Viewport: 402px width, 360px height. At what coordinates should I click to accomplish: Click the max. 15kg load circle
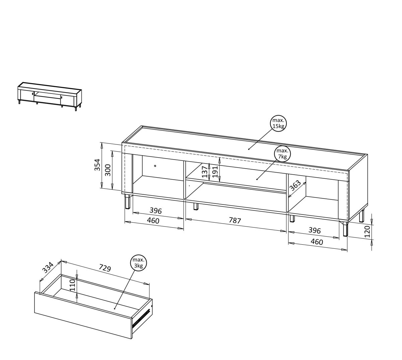coord(278,123)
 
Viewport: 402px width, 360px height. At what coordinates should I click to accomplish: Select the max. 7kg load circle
coord(282,154)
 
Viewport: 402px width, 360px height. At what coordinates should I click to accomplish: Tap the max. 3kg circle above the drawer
coord(138,263)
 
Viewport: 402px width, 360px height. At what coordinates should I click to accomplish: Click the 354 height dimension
coord(97,165)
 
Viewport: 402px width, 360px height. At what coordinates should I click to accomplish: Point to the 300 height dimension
coord(108,170)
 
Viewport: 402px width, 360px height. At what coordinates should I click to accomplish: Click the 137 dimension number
coord(205,172)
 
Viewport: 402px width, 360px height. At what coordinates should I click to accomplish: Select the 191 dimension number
coord(215,172)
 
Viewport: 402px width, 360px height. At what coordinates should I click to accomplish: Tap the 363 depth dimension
coord(295,186)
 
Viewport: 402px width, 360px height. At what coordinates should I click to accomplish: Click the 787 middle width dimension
coord(235,220)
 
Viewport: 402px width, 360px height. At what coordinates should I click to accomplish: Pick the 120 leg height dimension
coord(367,232)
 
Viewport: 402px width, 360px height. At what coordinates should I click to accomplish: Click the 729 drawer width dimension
coord(105,268)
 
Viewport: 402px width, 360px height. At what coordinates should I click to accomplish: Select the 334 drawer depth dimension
coord(48,268)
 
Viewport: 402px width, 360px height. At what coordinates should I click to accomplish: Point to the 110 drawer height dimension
coord(73,285)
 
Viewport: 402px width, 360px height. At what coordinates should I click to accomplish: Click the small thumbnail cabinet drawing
coord(50,97)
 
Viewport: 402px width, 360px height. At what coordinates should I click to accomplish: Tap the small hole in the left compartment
coord(155,166)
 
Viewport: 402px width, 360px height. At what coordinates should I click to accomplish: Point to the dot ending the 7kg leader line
coord(257,179)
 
